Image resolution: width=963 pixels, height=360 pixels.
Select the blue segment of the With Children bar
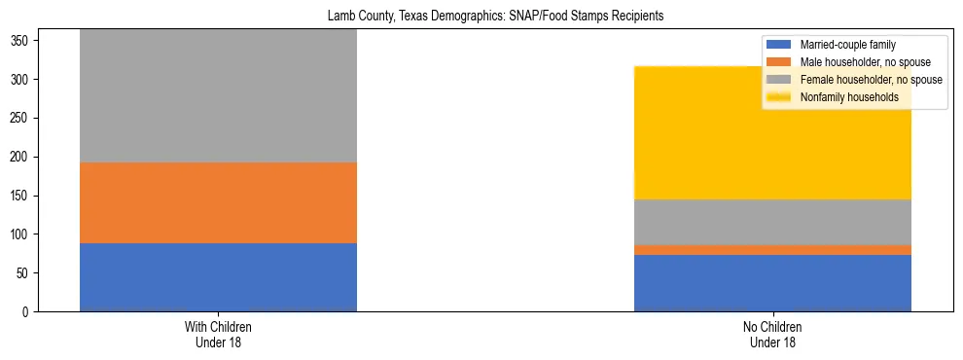[218, 277]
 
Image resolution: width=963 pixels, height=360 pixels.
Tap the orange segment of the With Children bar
[218, 202]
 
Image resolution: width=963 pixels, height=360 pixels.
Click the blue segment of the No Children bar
[772, 283]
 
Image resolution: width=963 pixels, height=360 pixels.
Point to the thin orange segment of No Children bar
[772, 250]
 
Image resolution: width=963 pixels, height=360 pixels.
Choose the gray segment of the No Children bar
[772, 222]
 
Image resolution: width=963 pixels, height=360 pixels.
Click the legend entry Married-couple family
[847, 45]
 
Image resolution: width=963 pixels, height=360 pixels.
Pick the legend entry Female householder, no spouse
[871, 80]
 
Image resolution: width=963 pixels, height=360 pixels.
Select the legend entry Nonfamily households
[849, 97]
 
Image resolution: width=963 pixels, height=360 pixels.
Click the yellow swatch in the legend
[780, 97]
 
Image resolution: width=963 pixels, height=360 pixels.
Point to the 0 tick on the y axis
[30, 312]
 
